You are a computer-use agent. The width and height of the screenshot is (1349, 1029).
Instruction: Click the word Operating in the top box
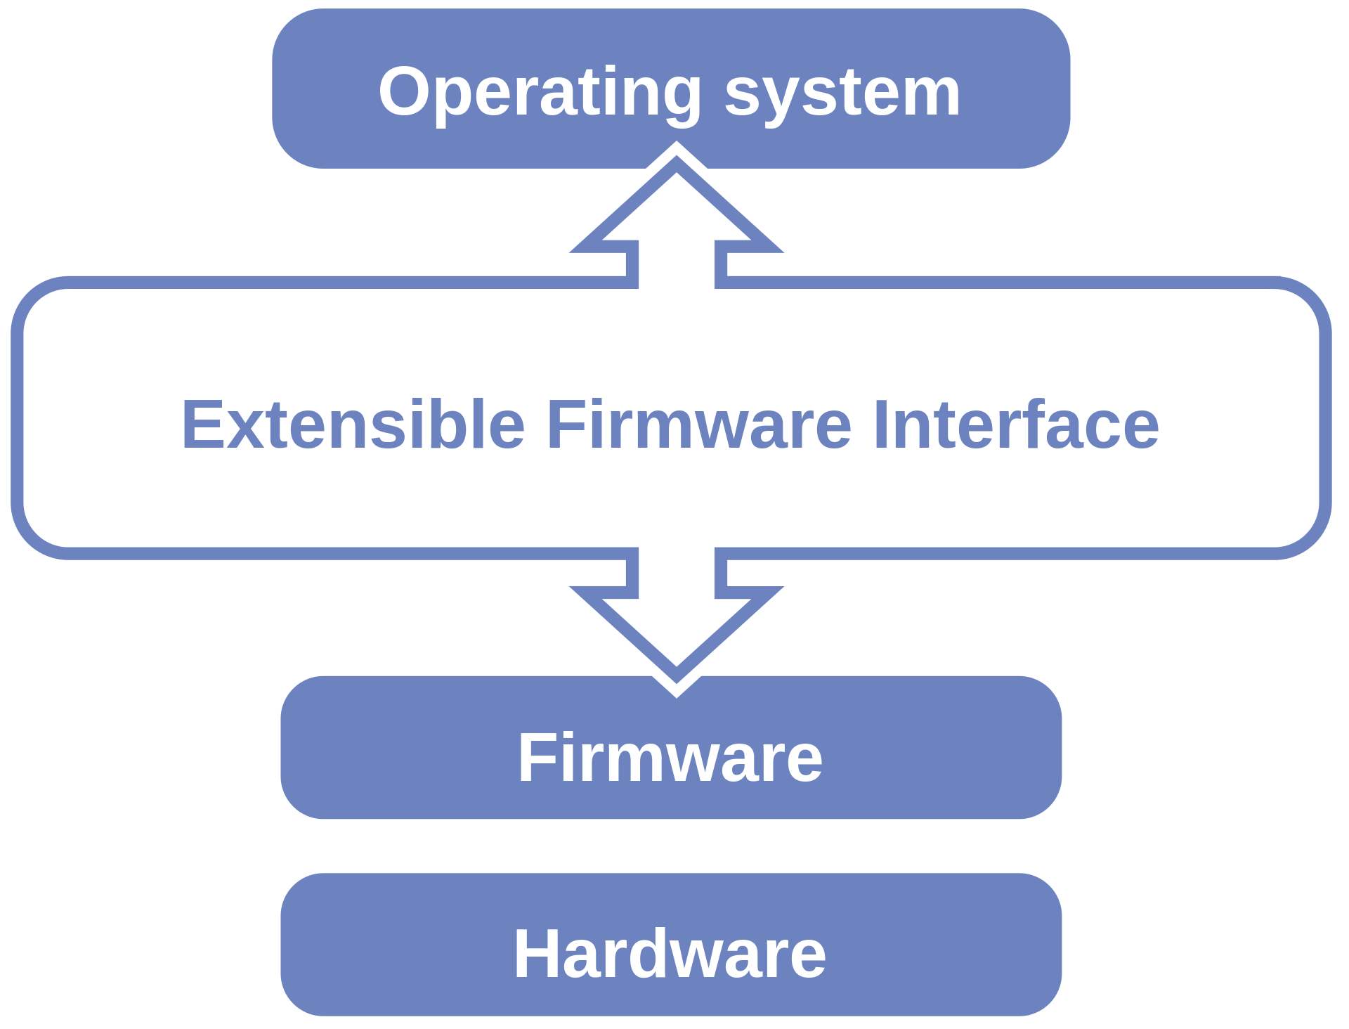[540, 94]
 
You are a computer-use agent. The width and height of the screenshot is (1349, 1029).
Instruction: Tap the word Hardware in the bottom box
[670, 954]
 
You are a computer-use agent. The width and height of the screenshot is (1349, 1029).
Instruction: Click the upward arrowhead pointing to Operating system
[677, 204]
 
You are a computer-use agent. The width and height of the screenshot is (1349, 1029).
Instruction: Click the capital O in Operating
[404, 91]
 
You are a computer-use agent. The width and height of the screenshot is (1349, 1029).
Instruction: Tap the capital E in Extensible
[203, 424]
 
